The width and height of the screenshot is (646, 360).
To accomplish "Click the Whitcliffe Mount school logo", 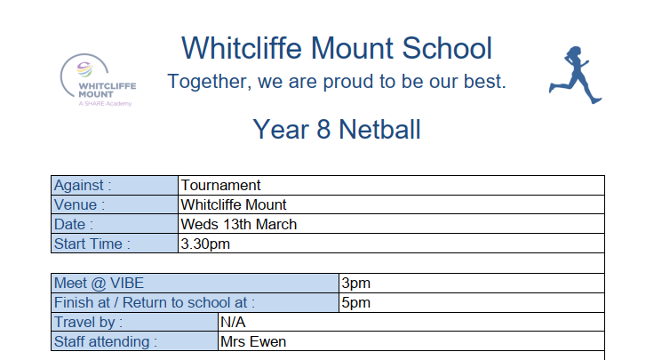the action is pos(98,80).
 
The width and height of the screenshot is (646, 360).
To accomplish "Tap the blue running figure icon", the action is pos(575,75).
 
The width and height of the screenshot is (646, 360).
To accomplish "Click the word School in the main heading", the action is pos(447,48).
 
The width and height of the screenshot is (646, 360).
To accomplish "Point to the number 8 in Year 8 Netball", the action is pos(323,130).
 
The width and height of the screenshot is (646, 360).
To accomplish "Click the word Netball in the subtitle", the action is pos(379,130).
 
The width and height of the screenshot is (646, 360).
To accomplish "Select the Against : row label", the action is pos(83,186).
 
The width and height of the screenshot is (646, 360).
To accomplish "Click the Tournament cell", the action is pos(220,186).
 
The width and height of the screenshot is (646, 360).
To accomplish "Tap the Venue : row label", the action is pos(79,204).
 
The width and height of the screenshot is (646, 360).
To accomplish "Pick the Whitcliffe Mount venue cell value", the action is pos(233,204).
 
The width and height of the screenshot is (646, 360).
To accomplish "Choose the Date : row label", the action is pos(74,225).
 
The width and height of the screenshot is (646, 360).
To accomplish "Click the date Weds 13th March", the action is pos(238,225).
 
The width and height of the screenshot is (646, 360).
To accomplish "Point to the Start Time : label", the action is pos(92,244).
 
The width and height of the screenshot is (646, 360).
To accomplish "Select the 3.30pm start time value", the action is pos(205,244).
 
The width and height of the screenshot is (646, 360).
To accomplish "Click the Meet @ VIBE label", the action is pos(99,284).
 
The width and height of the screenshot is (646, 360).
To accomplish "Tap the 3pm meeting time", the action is pos(356,284).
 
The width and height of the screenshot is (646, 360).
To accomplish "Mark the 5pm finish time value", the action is pos(356,303).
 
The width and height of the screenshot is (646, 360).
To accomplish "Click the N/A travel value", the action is pos(233,322).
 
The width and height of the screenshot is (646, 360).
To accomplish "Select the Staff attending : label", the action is pos(106,342).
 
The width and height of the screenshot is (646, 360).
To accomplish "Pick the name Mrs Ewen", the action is pos(253,342).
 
